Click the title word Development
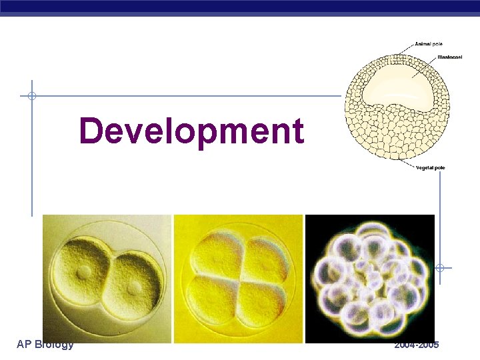point(191,131)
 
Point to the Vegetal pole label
point(430,167)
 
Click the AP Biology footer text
point(45,345)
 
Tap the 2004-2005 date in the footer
point(416,345)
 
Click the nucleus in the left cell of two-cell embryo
point(84,273)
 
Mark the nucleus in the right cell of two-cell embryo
point(135,287)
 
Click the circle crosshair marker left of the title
point(31,96)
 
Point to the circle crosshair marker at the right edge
point(440,268)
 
